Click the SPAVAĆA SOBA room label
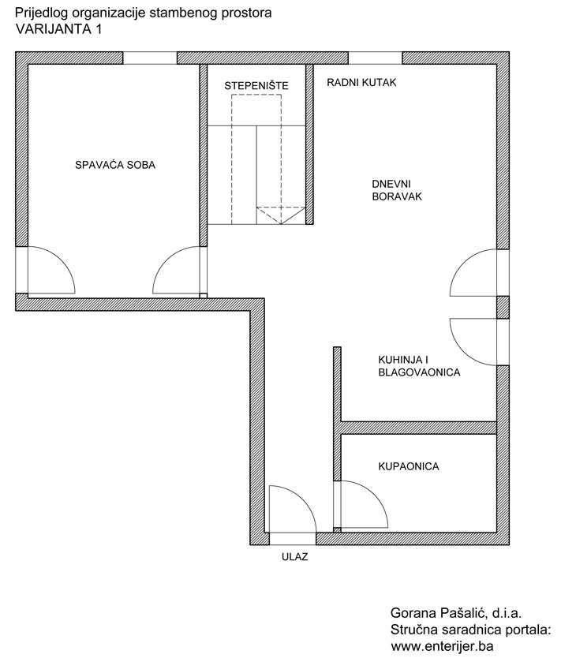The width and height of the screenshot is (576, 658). [x=115, y=165]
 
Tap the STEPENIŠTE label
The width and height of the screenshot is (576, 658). [x=256, y=86]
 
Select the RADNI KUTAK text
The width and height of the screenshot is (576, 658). [x=361, y=82]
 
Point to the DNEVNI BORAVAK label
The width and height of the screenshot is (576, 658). [x=397, y=190]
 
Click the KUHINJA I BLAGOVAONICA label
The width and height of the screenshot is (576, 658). [x=419, y=366]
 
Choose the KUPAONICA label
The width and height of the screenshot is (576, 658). [x=409, y=466]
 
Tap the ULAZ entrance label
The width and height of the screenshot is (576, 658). [x=295, y=557]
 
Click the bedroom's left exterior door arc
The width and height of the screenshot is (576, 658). [x=62, y=261]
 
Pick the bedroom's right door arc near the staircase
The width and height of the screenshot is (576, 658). [x=166, y=261]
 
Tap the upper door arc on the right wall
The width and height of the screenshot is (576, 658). [x=463, y=262]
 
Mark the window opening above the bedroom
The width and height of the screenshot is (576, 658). [x=150, y=58]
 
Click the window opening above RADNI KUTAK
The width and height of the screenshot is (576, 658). [x=376, y=58]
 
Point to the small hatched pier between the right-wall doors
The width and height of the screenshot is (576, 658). [x=503, y=307]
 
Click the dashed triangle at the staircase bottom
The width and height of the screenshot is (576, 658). [x=281, y=215]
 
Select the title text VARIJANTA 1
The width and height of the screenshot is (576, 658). [x=58, y=29]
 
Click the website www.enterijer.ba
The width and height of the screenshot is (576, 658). [x=442, y=645]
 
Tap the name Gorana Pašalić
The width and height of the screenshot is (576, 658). [x=439, y=614]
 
